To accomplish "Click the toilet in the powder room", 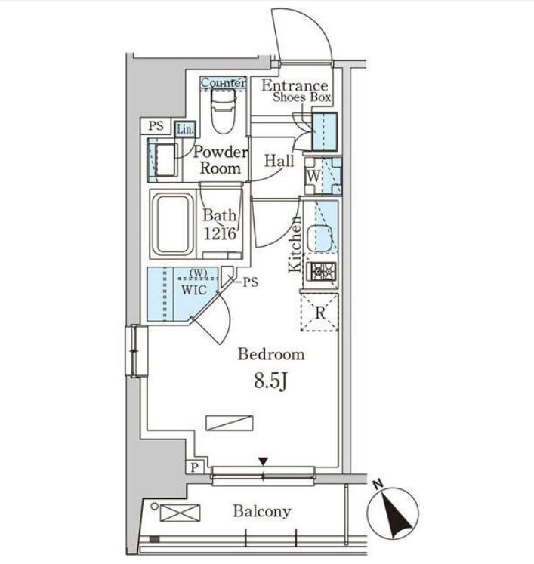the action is (x=223, y=112).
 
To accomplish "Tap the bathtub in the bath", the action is (x=174, y=224).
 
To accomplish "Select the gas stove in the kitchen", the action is (x=321, y=272).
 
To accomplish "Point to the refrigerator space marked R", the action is (x=319, y=313).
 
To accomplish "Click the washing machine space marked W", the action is (x=323, y=176).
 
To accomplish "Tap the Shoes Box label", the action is (x=301, y=97).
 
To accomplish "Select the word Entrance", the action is (x=295, y=85).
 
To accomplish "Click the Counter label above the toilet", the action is (x=224, y=82).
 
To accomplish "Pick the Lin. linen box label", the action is (x=186, y=129).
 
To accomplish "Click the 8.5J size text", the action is (x=270, y=381).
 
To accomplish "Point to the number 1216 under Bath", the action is (x=220, y=233).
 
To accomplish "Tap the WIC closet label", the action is (x=193, y=290).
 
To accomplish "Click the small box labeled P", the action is (x=195, y=467).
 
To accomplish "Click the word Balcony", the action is (x=262, y=511).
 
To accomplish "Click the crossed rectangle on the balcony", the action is (x=180, y=513).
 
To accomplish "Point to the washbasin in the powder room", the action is (x=165, y=160).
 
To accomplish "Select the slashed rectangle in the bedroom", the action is (x=229, y=423).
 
